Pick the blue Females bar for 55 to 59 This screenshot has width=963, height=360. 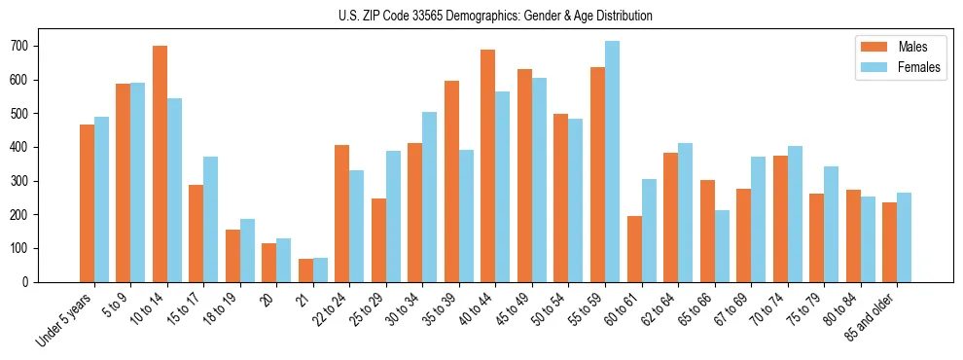tap(612, 162)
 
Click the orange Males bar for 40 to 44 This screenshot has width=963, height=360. tap(488, 165)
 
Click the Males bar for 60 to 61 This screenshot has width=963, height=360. tap(634, 249)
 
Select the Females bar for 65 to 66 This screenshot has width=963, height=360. tap(722, 246)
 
